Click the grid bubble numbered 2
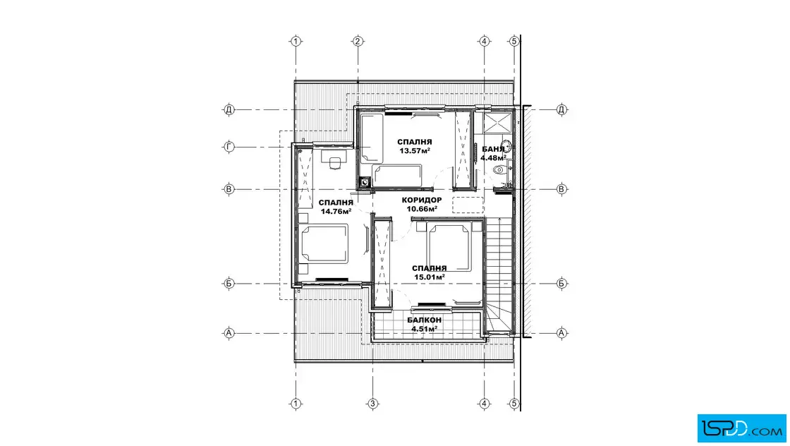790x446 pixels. [x=358, y=42]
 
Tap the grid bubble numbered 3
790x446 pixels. [x=373, y=404]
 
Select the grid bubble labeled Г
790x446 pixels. [x=229, y=147]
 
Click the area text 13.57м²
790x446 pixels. [x=415, y=151]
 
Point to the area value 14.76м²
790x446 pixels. [x=336, y=212]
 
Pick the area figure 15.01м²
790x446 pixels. [x=430, y=277]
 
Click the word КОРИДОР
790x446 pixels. [x=422, y=200]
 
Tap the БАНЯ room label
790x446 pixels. [x=493, y=149]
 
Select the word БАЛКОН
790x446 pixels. [x=424, y=320]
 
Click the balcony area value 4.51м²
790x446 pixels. [x=424, y=329]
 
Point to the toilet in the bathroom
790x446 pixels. [x=500, y=170]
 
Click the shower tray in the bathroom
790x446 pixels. [x=497, y=123]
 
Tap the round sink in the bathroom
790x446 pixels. [x=506, y=147]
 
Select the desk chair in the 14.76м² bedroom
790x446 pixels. [x=335, y=163]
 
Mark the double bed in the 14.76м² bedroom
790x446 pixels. [x=324, y=244]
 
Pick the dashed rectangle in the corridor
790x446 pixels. [x=468, y=205]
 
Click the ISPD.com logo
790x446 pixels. [x=741, y=428]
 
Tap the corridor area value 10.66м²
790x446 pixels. [x=422, y=209]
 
